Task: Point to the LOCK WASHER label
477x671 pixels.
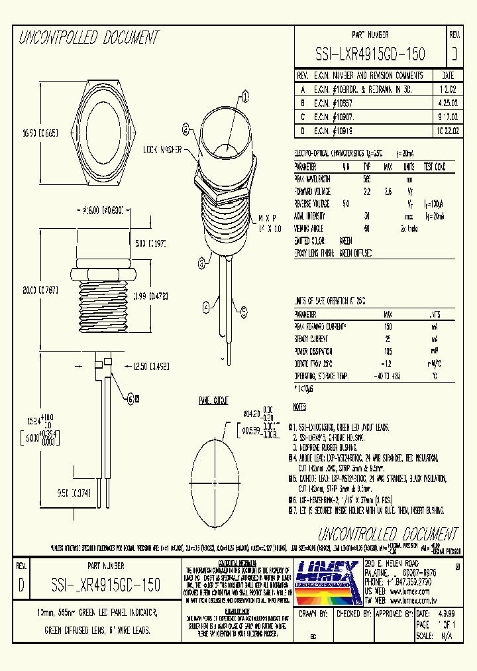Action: pyautogui.click(x=163, y=150)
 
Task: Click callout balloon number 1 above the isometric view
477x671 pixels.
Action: pyautogui.click(x=244, y=97)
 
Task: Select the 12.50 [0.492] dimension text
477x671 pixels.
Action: pyautogui.click(x=152, y=366)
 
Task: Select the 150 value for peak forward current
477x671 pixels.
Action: pyautogui.click(x=388, y=327)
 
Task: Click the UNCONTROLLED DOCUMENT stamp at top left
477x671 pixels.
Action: pyautogui.click(x=89, y=37)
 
